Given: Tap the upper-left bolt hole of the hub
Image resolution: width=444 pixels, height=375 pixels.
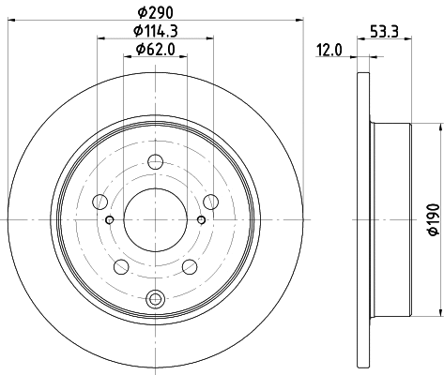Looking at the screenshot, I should (100, 199).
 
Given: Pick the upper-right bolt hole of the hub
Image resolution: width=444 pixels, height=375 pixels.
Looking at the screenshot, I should (211, 199).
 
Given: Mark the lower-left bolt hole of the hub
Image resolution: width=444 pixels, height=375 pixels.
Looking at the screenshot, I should (120, 266).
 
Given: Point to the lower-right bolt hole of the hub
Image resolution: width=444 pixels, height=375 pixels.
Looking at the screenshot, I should (191, 266).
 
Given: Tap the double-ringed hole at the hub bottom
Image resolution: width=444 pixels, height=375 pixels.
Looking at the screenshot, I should (156, 299).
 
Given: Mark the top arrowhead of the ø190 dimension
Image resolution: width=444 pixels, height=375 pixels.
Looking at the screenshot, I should (417, 126).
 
